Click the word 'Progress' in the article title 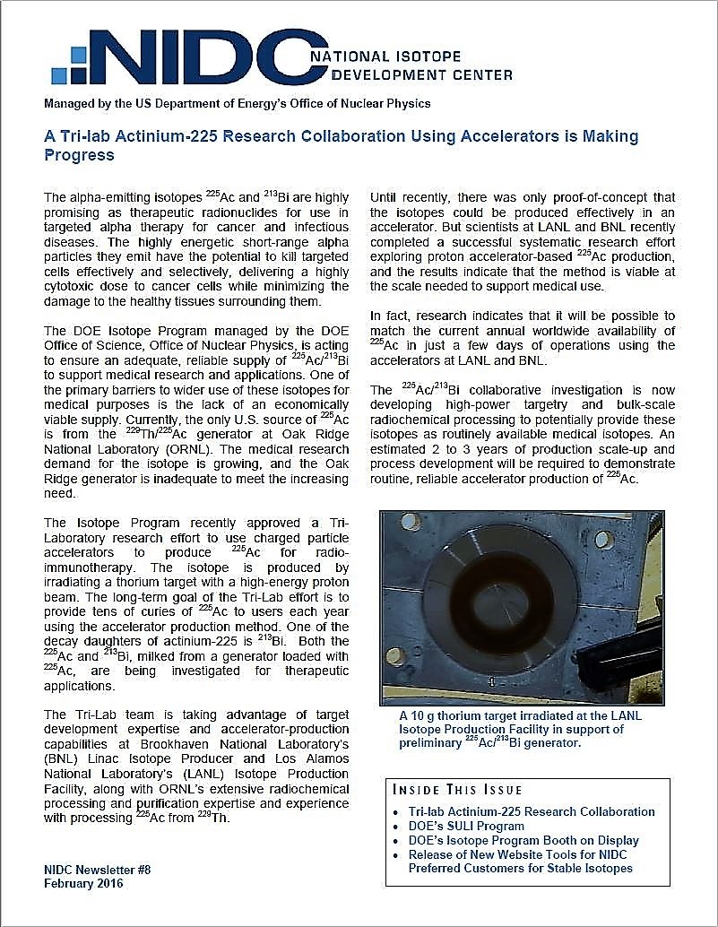[x=80, y=154]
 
